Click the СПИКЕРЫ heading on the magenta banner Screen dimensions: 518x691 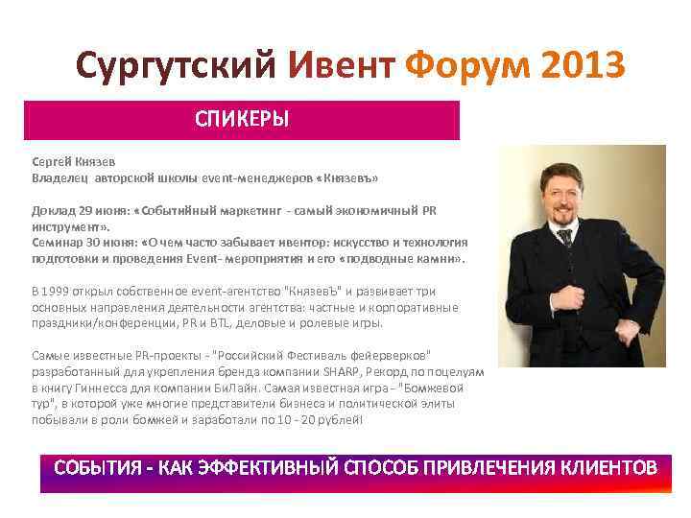[x=242, y=120]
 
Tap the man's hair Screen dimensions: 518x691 [x=565, y=168]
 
